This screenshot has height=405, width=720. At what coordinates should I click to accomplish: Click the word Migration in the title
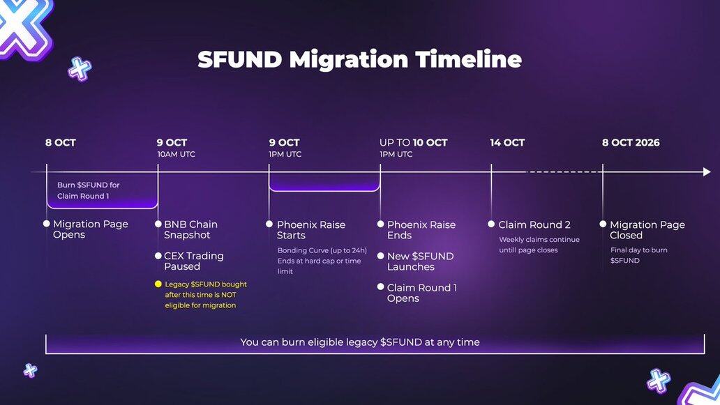point(349,60)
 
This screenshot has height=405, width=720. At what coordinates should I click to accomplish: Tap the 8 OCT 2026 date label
point(631,143)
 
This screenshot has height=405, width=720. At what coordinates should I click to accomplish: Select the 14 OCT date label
point(507,143)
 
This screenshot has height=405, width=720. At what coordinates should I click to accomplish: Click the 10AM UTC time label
point(177,155)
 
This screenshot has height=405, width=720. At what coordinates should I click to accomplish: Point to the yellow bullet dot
point(158,284)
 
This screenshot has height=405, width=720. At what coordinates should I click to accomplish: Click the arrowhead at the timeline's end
point(707,172)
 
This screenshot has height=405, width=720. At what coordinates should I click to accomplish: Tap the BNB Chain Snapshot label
point(190,230)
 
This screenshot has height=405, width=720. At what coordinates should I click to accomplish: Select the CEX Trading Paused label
point(194,261)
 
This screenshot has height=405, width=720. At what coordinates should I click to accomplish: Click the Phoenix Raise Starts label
point(311,230)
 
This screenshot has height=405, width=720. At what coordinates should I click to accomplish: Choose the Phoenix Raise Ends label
point(421,230)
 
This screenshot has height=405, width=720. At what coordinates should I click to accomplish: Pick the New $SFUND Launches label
point(420,261)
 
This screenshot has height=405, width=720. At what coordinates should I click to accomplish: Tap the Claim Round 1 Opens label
point(422,293)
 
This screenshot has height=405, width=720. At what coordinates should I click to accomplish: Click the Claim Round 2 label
point(534,224)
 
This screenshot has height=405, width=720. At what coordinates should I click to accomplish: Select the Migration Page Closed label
point(647,230)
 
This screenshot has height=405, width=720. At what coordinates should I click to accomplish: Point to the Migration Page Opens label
point(91,229)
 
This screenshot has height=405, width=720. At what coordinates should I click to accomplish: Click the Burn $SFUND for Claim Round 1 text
point(88,190)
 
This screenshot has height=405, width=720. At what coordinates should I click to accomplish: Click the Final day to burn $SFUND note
point(639,255)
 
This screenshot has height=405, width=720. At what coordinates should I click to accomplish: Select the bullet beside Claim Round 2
point(491,224)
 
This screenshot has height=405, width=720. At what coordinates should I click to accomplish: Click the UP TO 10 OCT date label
point(413,143)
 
